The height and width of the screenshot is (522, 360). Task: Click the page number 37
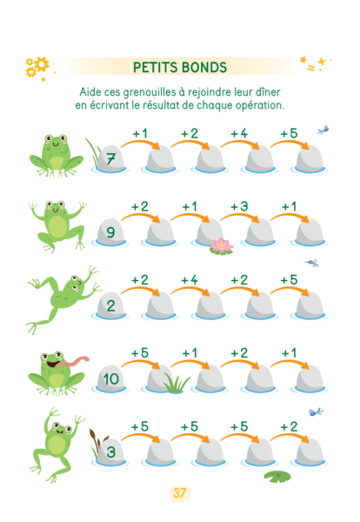coord(180,492)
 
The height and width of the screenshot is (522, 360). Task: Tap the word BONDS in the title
coord(204,67)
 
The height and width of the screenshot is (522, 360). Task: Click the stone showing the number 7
coord(110,158)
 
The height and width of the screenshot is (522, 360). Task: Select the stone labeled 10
coord(110,378)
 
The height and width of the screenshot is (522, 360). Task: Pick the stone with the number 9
coord(110,231)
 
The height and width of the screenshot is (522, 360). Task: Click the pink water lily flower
coord(222,245)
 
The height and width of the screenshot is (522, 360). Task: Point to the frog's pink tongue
coord(72,362)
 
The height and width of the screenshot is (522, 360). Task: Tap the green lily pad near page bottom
coord(277,477)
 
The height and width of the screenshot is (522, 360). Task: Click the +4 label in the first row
coord(239,133)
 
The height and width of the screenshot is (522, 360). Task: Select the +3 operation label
coord(239,206)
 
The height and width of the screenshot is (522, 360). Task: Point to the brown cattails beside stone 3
coord(97,441)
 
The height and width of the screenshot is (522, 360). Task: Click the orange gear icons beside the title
coord(37,67)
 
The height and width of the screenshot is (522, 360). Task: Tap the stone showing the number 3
coord(110,452)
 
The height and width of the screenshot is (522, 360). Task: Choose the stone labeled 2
coord(110,305)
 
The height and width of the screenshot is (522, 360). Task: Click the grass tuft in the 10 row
coord(176,383)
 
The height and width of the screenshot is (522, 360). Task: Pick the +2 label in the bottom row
coord(289,426)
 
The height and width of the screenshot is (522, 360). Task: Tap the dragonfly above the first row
coord(323,130)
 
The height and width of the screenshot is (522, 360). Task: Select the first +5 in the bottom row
coord(140,426)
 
